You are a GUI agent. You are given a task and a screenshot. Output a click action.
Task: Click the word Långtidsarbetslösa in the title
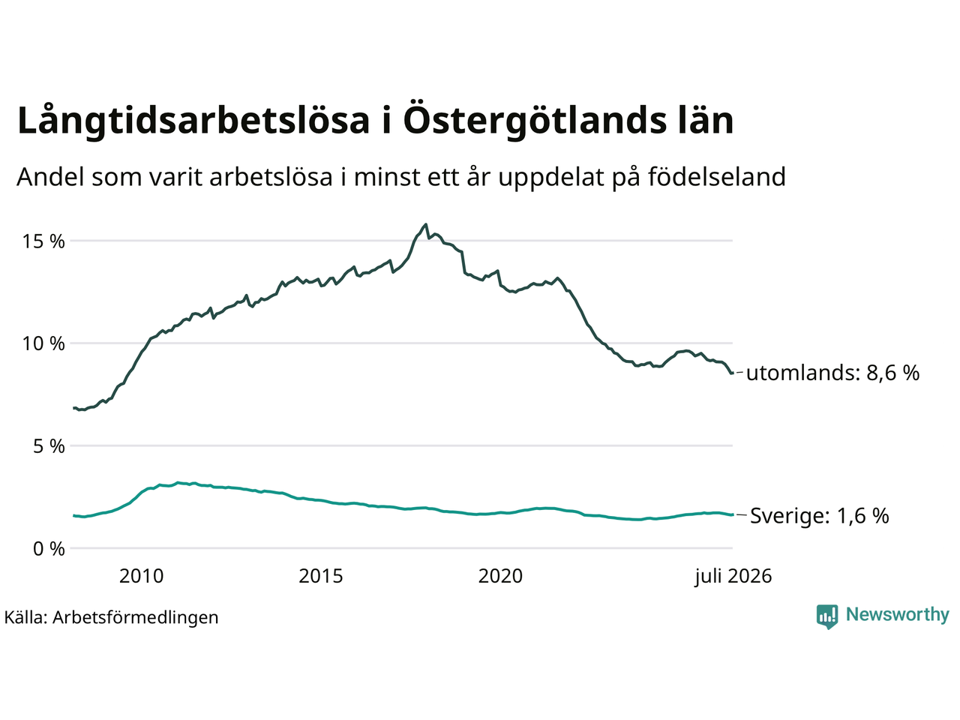[x=193, y=121]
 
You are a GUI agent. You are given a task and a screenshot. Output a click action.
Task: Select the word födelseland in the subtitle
[x=717, y=177]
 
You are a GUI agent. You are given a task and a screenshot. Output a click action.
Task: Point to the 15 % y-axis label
[x=43, y=241]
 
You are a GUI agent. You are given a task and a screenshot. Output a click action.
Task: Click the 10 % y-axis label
[x=43, y=343]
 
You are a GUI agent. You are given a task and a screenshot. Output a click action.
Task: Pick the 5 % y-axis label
[x=49, y=446]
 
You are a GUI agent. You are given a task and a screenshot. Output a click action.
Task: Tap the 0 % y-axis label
[x=49, y=549]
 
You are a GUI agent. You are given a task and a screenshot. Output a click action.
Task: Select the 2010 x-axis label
[x=141, y=576]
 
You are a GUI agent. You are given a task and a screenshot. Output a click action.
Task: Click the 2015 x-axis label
[x=321, y=576]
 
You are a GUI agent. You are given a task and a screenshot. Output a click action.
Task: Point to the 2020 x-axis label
[x=500, y=576]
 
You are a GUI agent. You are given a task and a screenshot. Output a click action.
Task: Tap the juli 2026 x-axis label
[x=733, y=577]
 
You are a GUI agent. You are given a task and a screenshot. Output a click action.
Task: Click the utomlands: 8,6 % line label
[x=832, y=373]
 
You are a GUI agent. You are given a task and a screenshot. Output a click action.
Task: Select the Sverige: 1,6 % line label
[x=820, y=516]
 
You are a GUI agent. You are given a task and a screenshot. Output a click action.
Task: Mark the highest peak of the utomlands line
[x=425, y=224]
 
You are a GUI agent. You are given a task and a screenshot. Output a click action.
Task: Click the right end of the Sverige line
[x=733, y=515]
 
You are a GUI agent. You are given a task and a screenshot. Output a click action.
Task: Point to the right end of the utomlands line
[x=733, y=373]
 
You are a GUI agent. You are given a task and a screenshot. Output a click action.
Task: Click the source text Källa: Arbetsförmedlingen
[x=111, y=618]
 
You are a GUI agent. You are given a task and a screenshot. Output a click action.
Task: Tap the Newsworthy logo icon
[x=827, y=616]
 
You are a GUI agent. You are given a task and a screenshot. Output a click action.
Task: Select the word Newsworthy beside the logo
[x=898, y=615]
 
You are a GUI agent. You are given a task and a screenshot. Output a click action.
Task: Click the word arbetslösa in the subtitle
[x=271, y=177]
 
